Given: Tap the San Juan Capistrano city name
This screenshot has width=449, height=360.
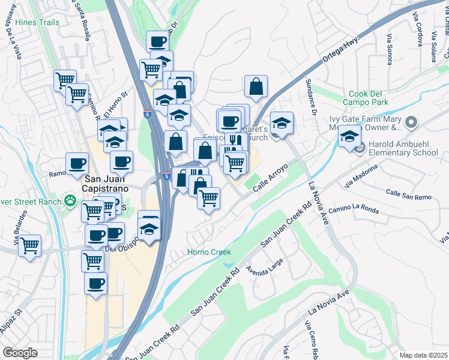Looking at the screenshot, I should pos(116,184).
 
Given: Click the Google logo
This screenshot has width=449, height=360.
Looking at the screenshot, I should pos(20,353).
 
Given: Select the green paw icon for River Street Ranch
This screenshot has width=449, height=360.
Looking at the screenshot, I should pos(71,201).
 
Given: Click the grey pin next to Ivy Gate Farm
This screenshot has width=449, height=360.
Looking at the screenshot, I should pos(411,123).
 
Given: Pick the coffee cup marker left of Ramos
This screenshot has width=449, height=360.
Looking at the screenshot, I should pos(77,163).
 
